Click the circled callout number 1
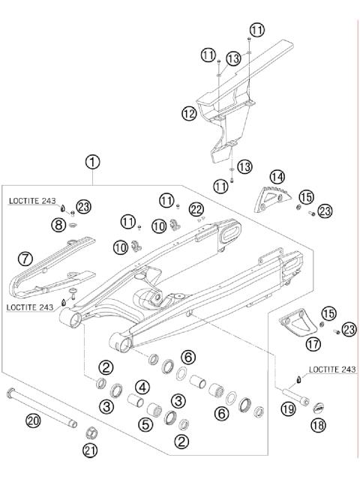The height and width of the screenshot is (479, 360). pos(92,161)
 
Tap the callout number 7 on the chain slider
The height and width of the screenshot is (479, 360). pos(25,259)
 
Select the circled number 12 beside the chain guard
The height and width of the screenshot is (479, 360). pos(188,114)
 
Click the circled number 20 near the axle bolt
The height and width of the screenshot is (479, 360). pos(32,421)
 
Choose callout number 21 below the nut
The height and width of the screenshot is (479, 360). pos(89,450)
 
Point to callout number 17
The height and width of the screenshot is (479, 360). pos(313,343)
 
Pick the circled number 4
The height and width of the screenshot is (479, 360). pos(140,388)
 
